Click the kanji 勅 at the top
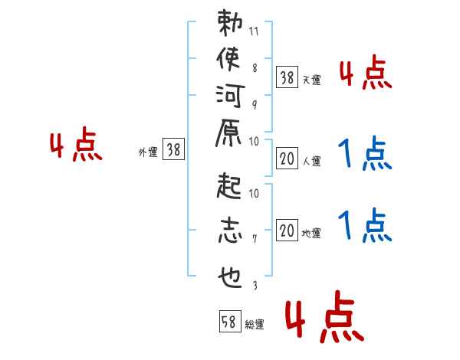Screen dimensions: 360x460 tap(228, 23)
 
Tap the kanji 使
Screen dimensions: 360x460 tap(228, 59)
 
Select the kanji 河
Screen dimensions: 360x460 tap(228, 96)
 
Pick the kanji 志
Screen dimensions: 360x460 tap(228, 231)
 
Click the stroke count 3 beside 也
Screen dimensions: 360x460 tap(255, 286)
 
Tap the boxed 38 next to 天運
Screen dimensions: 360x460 tap(287, 77)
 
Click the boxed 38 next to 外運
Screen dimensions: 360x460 tap(174, 151)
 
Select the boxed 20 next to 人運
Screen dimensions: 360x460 tap(287, 159)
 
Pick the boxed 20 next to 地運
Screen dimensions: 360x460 tap(287, 231)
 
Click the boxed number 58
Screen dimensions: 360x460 tap(229, 322)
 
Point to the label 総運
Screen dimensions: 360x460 tap(255, 325)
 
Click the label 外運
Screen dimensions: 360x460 tap(148, 152)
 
